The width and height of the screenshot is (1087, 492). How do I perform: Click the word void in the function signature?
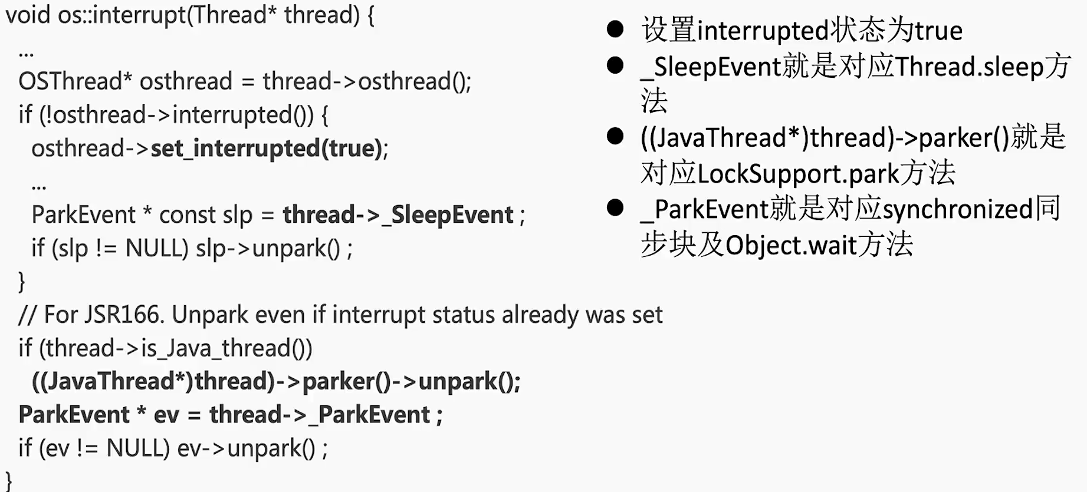[28, 15]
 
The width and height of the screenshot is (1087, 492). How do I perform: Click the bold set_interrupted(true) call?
[268, 148]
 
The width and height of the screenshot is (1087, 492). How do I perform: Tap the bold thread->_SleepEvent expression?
[398, 215]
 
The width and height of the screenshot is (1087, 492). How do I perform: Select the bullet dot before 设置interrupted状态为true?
[615, 29]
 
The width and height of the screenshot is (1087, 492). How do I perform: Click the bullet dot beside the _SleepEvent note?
[615, 65]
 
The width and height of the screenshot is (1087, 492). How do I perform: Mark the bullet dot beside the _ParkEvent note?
[615, 207]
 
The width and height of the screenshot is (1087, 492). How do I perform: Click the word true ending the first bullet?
[938, 31]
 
